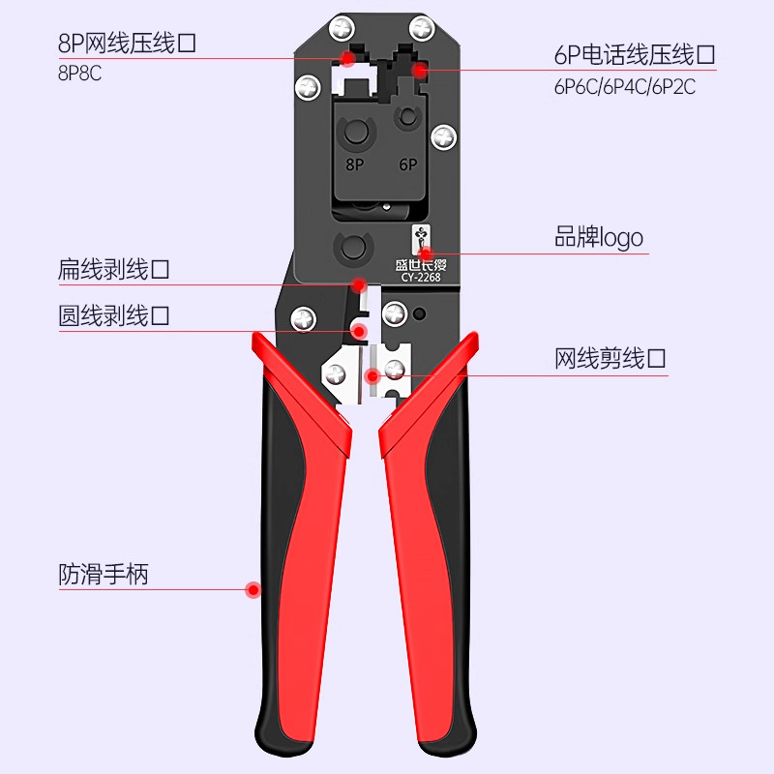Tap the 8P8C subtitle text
point(80,74)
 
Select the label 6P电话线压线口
point(634,55)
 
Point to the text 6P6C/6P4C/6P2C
point(625,87)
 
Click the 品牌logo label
point(598,238)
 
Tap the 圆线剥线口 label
point(114,315)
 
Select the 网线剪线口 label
point(610,360)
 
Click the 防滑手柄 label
point(104,575)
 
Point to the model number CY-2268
point(421,278)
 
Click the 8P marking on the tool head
point(354,164)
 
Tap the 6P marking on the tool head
point(407,164)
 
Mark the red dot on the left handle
point(253,588)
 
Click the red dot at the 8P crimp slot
point(347,60)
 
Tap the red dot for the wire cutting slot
point(372,374)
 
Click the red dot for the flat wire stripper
point(358,284)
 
